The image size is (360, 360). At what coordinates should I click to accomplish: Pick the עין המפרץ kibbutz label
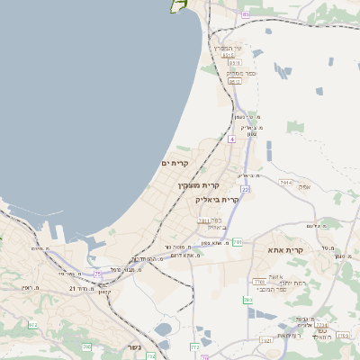pos(227,47)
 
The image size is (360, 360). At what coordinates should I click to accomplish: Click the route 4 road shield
pos(231,139)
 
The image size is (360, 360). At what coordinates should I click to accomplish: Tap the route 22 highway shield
pos(245,189)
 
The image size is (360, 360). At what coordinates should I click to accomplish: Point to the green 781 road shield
pos(238,242)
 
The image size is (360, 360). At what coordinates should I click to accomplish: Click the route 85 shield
pos(245,14)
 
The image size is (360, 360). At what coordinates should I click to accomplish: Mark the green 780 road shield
pos(247,300)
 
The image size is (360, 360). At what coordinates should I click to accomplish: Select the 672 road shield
pos(34,325)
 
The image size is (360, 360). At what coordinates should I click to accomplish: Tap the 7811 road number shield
pos(203,220)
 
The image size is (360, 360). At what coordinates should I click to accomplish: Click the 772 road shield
pos(195,346)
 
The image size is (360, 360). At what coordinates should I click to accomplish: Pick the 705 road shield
pos(87,346)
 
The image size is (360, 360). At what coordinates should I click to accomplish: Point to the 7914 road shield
pos(285,182)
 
